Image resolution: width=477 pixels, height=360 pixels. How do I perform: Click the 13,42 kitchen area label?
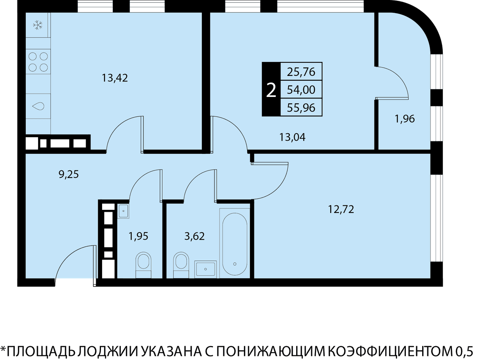click(x=115, y=78)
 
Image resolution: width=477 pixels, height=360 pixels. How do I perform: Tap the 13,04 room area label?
click(x=292, y=137)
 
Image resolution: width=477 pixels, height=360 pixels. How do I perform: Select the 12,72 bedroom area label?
click(x=341, y=209)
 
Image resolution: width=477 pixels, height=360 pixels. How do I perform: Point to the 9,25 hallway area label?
click(x=69, y=174)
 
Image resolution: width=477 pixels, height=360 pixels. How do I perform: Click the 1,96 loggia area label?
click(x=405, y=119)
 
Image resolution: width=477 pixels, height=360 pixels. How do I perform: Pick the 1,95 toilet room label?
click(x=138, y=236)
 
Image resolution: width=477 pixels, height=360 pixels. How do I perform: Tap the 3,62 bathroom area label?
click(x=194, y=236)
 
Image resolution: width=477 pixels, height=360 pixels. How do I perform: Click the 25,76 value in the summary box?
click(x=301, y=72)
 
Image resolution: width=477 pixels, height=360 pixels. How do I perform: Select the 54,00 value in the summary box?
click(x=301, y=90)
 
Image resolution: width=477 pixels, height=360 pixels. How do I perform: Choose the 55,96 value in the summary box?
click(x=301, y=107)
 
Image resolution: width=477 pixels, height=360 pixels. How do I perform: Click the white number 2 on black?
click(x=271, y=91)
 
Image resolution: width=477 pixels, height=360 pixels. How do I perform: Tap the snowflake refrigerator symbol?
click(x=38, y=25)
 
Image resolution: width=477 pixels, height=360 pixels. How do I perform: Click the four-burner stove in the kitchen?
click(x=38, y=62)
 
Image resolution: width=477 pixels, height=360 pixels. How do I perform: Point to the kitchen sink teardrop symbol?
click(x=38, y=106)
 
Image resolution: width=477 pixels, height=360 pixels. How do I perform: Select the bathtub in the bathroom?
click(x=235, y=244)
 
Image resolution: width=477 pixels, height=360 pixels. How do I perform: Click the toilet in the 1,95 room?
click(x=143, y=265)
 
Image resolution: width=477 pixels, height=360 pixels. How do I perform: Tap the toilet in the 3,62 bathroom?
click(x=181, y=265)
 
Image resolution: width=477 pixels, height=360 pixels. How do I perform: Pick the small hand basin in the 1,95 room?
click(x=123, y=211)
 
